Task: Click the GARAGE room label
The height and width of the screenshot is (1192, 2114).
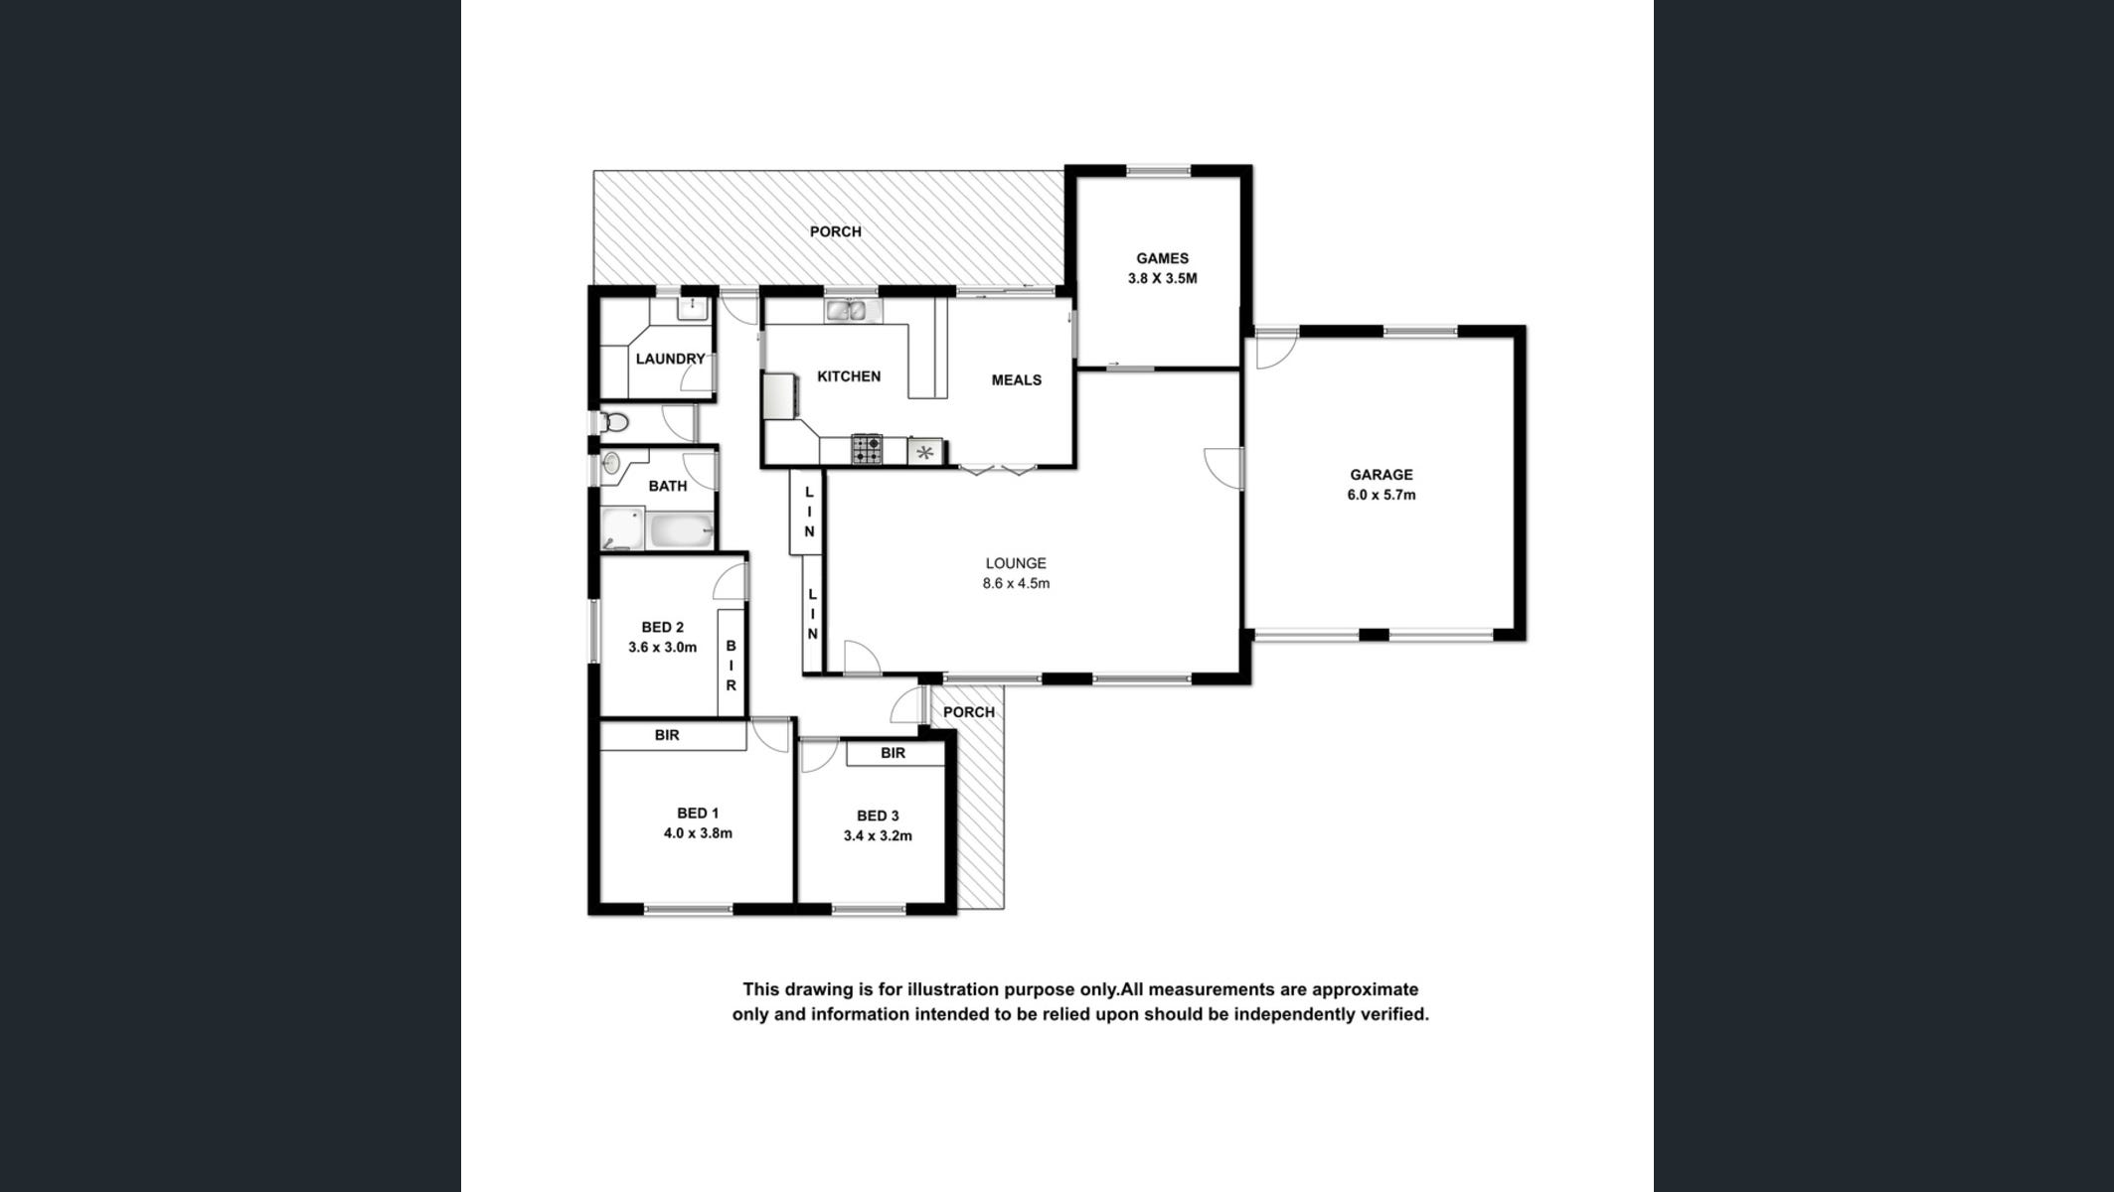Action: click(1381, 475)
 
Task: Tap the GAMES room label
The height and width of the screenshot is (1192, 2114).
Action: click(1162, 258)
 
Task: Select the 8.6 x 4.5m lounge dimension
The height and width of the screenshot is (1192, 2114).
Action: click(1016, 583)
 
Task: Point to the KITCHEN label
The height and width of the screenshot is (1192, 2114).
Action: click(849, 376)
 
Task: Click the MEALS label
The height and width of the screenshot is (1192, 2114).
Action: click(1017, 379)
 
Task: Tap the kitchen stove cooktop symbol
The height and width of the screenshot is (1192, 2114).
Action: click(867, 449)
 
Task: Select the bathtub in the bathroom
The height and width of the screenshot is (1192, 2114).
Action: click(680, 531)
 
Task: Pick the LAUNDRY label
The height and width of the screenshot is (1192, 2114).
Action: click(670, 359)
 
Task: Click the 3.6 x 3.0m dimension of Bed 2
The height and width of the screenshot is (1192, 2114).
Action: click(662, 647)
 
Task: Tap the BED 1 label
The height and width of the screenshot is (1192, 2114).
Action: click(698, 814)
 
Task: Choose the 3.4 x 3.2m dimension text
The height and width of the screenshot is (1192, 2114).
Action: click(878, 835)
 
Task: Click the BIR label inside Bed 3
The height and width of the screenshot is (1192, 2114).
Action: click(893, 753)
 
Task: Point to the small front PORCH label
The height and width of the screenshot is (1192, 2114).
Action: click(969, 712)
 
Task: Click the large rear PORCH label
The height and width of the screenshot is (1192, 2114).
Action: click(835, 231)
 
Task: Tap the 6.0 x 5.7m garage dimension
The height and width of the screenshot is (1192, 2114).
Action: click(1382, 495)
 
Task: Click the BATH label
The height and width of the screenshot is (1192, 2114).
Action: click(668, 486)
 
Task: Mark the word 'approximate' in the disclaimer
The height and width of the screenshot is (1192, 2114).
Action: click(1365, 990)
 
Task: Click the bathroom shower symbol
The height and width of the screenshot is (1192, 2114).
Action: click(623, 528)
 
